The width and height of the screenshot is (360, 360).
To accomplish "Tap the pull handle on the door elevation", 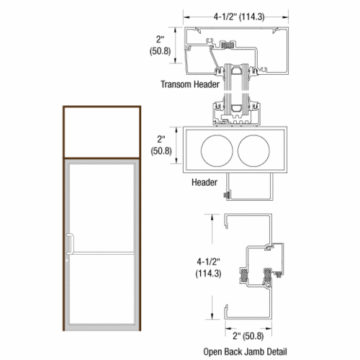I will pyautogui.click(x=70, y=245).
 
